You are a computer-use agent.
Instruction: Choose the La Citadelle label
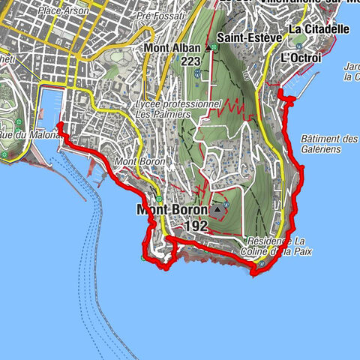click(x=318, y=29)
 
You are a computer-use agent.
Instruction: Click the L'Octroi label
click(x=295, y=57)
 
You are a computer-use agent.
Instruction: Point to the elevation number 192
click(x=194, y=224)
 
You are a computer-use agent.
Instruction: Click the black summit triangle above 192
click(x=217, y=209)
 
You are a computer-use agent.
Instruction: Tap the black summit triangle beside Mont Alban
click(x=207, y=47)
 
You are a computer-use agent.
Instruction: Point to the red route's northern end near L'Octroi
click(x=279, y=91)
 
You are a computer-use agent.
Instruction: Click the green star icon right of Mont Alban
click(x=216, y=46)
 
